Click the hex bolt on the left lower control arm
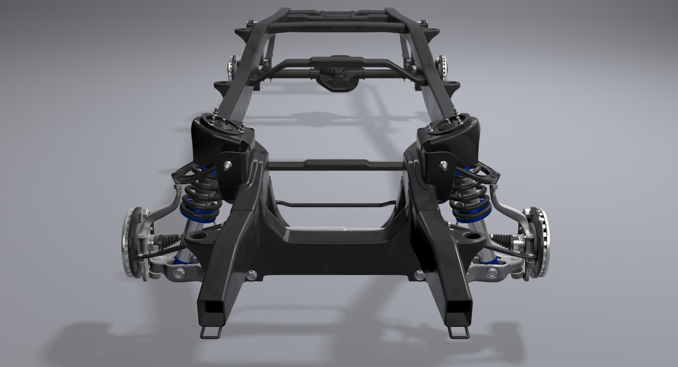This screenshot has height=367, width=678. click(x=178, y=273)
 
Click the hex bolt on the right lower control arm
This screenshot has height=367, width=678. click(x=491, y=272)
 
